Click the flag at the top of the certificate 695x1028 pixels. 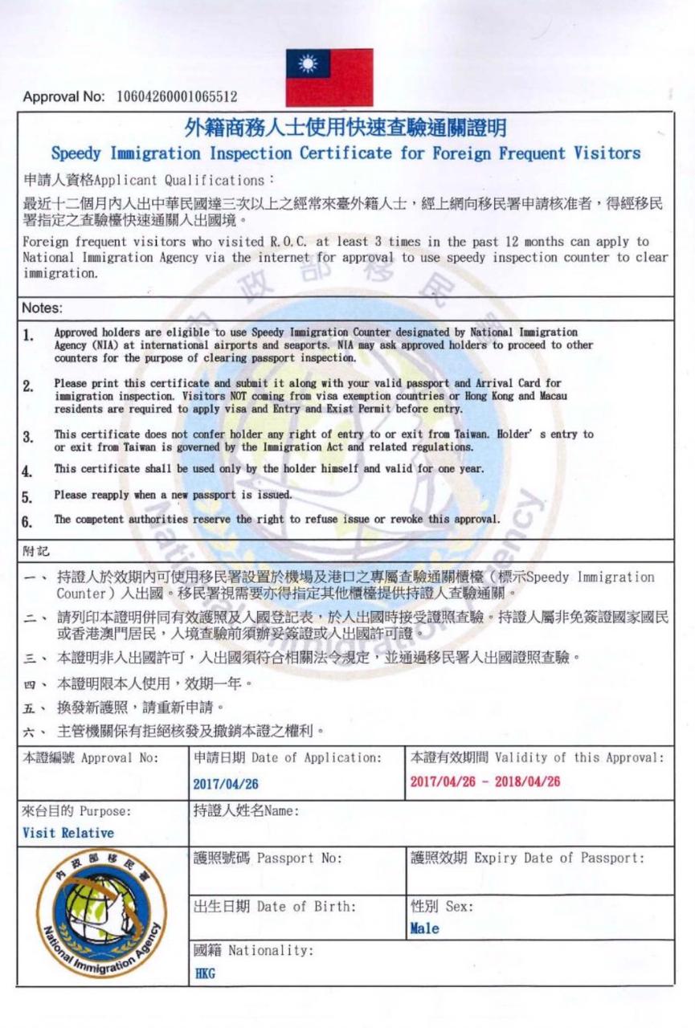(329, 77)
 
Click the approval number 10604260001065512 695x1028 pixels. (177, 98)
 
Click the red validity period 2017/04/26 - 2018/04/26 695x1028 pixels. (484, 782)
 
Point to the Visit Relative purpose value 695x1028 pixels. (68, 833)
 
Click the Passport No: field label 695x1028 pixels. (268, 858)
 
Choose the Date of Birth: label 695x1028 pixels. (274, 907)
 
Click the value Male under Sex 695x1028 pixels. (424, 928)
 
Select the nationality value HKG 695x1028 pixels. (205, 974)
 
